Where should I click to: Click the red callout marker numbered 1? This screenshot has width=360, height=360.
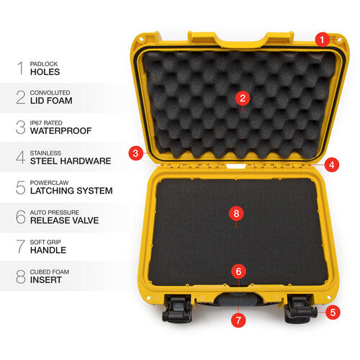[322, 40]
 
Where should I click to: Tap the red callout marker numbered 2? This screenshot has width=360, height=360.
[243, 98]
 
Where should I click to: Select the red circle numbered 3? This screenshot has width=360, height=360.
[136, 153]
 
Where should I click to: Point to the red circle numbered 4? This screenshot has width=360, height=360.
[332, 165]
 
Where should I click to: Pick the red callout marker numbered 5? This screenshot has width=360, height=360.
[333, 312]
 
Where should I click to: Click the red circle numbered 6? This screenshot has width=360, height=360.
[238, 271]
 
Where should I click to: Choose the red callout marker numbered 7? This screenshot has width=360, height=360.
[238, 320]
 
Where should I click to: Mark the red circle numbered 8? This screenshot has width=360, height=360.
[236, 213]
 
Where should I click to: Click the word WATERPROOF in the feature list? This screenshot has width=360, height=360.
[60, 131]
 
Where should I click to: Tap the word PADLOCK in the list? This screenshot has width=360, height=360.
[44, 64]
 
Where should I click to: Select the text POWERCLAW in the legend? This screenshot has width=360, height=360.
[49, 183]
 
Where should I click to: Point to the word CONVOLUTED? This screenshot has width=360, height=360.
[50, 93]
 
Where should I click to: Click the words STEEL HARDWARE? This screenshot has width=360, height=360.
[71, 161]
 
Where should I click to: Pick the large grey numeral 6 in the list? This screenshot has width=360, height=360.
[21, 217]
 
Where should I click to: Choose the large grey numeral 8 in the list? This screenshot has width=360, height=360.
[21, 276]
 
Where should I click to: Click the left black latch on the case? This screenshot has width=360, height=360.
[177, 309]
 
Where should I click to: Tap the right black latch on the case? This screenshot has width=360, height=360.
[300, 310]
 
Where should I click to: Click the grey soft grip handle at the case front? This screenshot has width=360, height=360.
[238, 300]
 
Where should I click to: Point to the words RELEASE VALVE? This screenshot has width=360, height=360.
[64, 220]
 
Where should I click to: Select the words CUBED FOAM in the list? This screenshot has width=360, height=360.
[50, 272]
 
